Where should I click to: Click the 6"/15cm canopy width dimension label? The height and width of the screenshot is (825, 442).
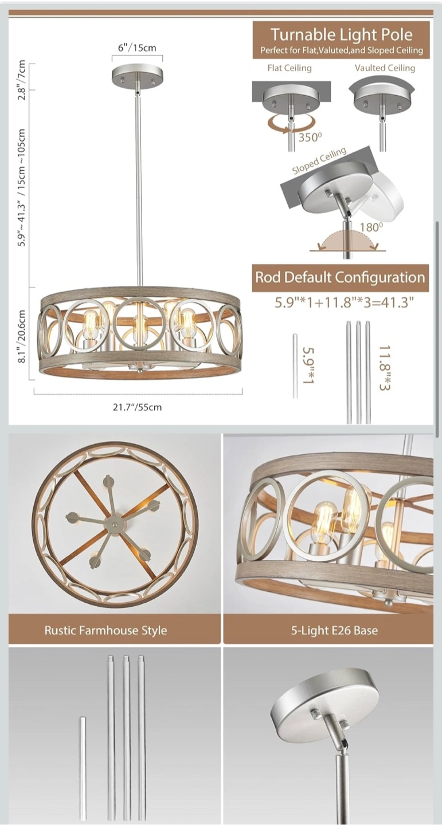click(137, 48)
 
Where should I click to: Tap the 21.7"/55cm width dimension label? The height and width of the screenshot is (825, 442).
click(137, 407)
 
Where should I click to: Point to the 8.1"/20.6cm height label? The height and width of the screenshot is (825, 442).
click(22, 336)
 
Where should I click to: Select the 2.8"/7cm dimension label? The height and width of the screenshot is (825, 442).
click(22, 80)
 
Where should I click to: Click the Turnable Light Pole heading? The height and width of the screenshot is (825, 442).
click(341, 34)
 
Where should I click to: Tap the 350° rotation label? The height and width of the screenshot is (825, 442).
click(310, 137)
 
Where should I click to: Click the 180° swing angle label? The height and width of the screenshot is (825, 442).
click(371, 227)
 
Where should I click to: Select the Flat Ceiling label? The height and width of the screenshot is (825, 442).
click(290, 68)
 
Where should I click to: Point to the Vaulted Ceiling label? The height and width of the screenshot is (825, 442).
click(385, 68)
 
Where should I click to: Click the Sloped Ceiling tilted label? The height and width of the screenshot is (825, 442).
click(319, 161)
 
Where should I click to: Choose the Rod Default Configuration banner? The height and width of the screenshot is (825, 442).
click(341, 277)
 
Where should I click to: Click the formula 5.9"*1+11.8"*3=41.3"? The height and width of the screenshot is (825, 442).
click(345, 302)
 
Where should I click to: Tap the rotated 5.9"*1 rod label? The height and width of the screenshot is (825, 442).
click(308, 366)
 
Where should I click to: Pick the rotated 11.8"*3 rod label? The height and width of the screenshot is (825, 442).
click(385, 368)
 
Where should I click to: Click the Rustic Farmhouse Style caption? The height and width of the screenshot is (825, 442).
click(106, 630)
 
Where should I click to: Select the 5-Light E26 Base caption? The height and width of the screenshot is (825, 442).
click(334, 630)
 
